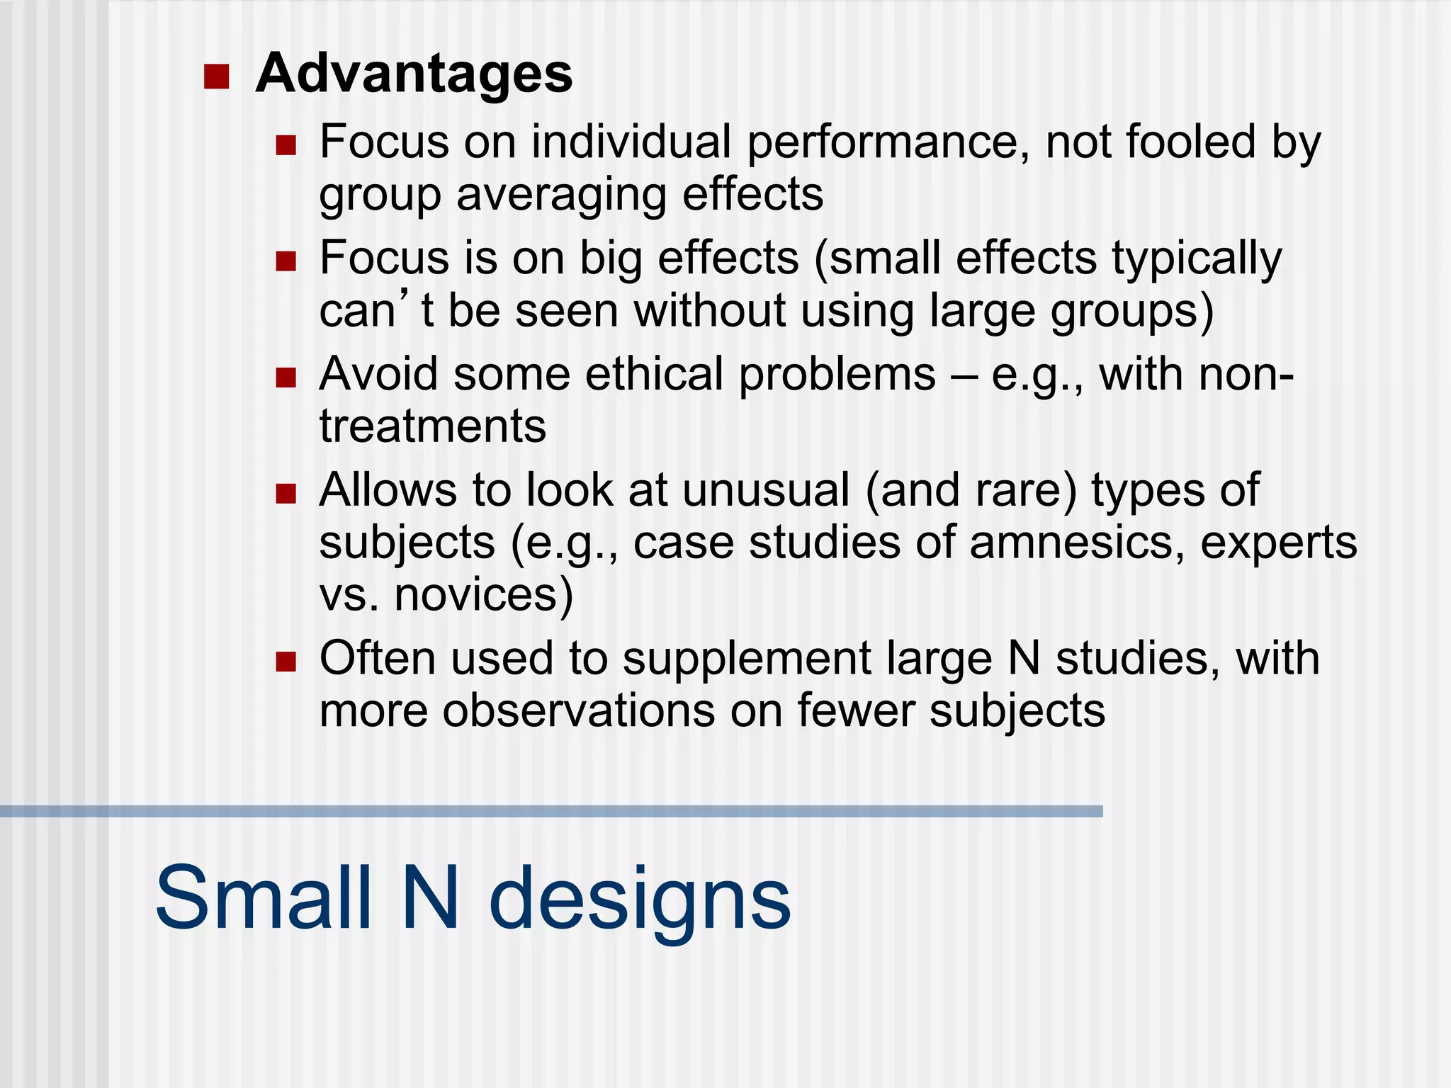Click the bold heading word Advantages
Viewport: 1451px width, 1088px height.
(414, 74)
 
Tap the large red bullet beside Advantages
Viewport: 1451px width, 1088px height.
(216, 76)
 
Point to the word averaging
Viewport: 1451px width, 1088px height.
(560, 195)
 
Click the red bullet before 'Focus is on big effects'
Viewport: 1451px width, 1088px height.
(286, 261)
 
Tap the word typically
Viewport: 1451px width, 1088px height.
(1197, 259)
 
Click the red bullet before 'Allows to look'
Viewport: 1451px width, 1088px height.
(286, 494)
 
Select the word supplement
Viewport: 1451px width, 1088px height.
(747, 659)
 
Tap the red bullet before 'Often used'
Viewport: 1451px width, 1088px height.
(286, 662)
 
